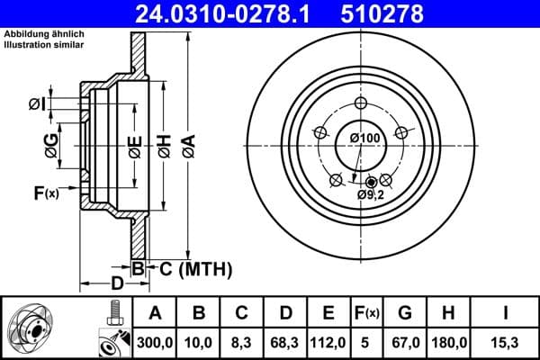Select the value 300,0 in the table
(156, 342)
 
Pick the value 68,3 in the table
(284, 342)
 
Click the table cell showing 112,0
(328, 342)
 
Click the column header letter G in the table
(405, 313)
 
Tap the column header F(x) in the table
(367, 313)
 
